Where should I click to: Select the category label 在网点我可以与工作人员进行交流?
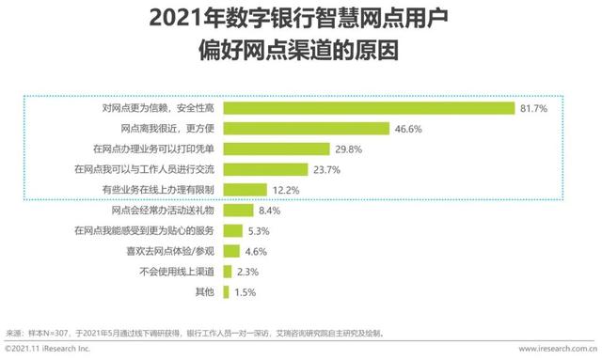145,169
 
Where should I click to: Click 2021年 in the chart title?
176,18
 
